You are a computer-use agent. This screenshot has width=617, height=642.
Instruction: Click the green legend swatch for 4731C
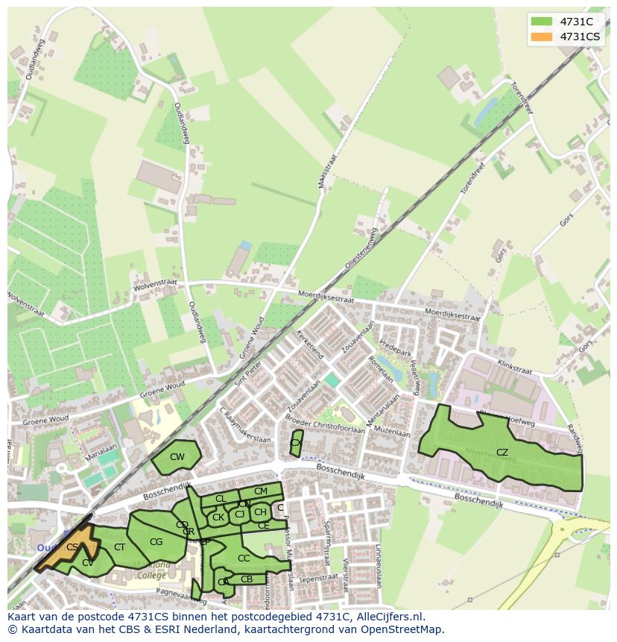click(542, 22)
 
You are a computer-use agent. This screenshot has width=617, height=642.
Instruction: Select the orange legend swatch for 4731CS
click(542, 37)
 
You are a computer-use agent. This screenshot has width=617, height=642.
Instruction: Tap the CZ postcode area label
click(502, 453)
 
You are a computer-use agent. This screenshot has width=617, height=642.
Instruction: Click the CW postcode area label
click(177, 457)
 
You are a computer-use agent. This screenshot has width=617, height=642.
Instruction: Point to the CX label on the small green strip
click(296, 443)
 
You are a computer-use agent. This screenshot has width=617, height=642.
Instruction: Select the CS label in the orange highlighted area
click(72, 547)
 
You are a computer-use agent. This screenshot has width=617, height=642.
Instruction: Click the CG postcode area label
click(156, 542)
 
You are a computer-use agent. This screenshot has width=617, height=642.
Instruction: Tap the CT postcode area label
click(119, 547)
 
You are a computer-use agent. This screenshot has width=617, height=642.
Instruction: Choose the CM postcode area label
click(260, 491)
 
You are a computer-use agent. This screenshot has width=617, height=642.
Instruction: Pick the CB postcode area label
click(247, 579)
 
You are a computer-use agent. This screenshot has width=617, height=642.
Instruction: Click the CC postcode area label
click(244, 558)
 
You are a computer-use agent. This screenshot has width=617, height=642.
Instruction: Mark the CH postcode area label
click(260, 512)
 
